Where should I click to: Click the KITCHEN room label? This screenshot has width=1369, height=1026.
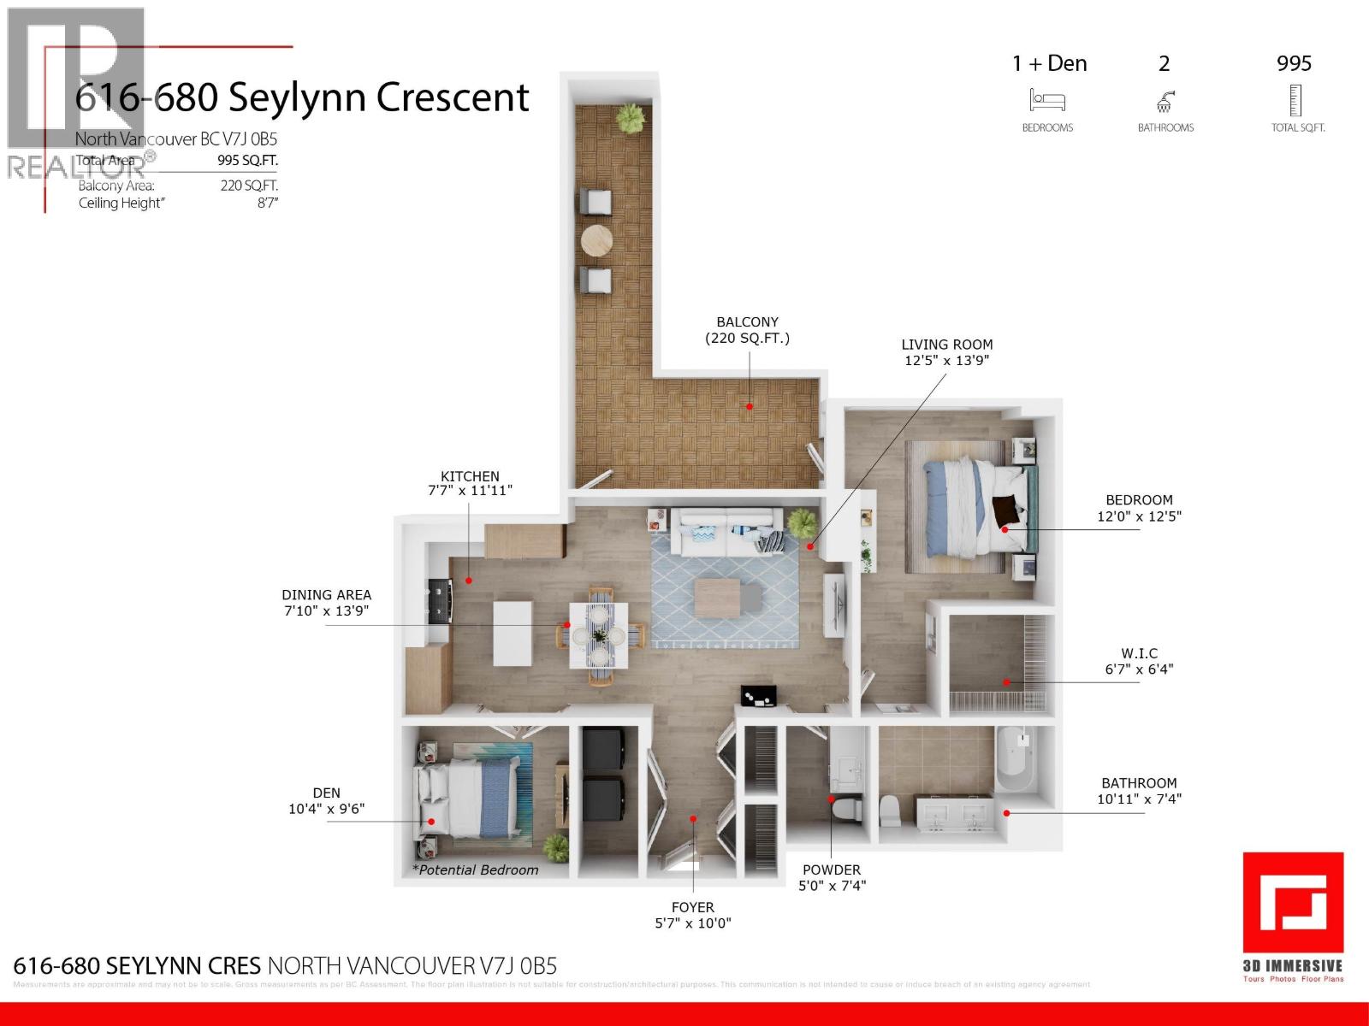point(470,476)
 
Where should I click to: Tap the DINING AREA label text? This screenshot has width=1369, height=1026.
point(327,595)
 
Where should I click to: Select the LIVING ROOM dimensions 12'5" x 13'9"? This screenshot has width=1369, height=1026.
point(946,361)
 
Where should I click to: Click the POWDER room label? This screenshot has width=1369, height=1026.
point(832,870)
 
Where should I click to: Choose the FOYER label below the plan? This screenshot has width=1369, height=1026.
point(692,907)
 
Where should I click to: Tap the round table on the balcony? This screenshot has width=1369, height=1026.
point(597,240)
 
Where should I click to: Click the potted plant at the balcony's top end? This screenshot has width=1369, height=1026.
point(631,117)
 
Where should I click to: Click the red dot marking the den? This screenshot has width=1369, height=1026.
point(431,822)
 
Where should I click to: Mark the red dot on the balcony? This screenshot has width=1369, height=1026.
point(750,406)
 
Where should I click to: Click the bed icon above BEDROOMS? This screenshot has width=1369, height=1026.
point(1046,101)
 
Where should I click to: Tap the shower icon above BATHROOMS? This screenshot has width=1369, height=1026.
point(1165,103)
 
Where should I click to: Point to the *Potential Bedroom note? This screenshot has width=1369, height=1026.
point(476,870)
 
